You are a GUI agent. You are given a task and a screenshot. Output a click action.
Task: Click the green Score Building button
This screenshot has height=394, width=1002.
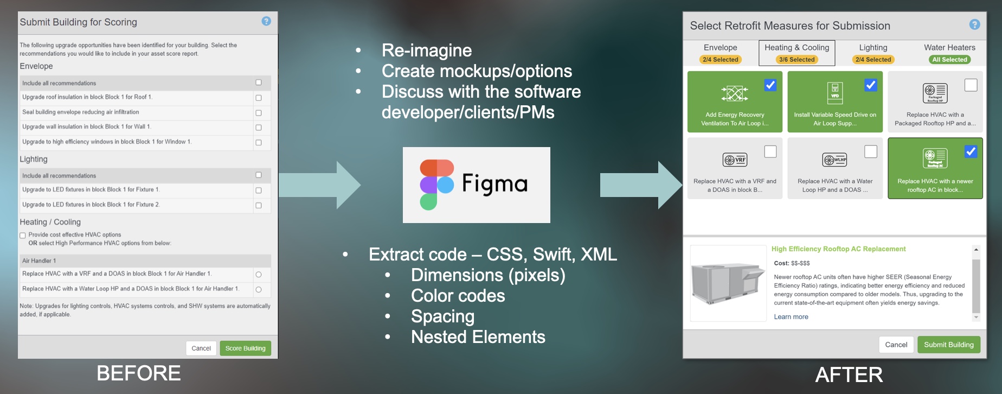[245, 348]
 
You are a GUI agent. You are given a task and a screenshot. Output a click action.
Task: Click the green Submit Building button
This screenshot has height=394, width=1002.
[948, 345]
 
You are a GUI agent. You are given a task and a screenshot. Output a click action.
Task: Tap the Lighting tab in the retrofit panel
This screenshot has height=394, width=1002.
[873, 48]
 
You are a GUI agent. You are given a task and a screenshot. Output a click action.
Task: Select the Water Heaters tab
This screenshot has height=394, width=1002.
[949, 48]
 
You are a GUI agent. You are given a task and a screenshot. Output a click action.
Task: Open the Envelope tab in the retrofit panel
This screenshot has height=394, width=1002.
[720, 48]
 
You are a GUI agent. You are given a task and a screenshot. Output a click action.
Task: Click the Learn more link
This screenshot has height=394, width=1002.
[791, 317]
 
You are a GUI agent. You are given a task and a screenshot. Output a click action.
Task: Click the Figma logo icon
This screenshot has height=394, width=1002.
[436, 185]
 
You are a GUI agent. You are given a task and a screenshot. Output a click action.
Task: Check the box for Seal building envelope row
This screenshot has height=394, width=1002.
[259, 113]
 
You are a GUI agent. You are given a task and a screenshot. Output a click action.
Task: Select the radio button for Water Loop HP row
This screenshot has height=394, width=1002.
[259, 289]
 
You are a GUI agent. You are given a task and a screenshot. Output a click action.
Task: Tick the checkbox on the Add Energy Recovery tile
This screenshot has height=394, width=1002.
[770, 85]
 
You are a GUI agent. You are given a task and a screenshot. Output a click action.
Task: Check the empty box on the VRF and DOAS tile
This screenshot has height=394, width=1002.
[770, 152]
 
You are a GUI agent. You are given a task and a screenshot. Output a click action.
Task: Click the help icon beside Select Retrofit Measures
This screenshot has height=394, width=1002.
[974, 25]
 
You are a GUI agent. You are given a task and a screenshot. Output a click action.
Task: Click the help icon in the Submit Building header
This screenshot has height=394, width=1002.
[266, 21]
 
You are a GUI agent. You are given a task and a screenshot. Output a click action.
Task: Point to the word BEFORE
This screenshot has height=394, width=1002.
[139, 373]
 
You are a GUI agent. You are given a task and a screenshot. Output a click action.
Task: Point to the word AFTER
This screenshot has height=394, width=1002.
[849, 374]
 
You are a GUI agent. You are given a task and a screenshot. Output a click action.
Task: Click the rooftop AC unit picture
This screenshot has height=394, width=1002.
[728, 283]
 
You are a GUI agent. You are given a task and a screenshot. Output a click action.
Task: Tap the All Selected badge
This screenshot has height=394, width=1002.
[949, 60]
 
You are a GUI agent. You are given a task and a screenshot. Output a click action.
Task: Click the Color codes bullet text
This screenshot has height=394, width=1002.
[458, 296]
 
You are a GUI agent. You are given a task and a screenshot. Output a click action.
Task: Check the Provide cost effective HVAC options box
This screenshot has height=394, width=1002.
[23, 236]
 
